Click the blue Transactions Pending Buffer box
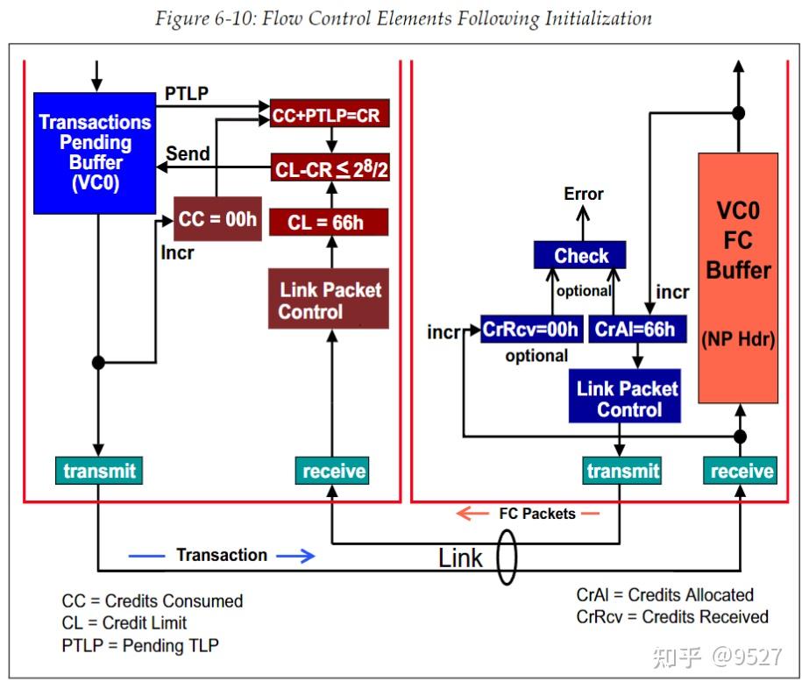point(95,153)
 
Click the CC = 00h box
point(217,219)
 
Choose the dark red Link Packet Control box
point(329,300)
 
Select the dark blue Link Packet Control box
point(628,399)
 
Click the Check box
point(581,255)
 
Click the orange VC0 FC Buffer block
point(738,278)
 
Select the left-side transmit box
point(99,471)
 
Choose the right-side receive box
point(742,471)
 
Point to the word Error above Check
point(584,194)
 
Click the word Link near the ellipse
point(461,558)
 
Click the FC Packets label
point(536,514)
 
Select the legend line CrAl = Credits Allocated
point(665,595)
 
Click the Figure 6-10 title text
point(403,18)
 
